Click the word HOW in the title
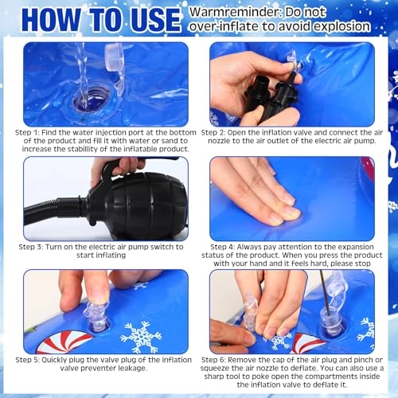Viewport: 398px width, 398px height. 50,20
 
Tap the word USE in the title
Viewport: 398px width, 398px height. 156,20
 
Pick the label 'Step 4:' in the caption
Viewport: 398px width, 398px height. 223,247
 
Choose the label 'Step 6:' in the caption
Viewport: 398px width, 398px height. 213,360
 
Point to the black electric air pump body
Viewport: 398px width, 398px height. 141,205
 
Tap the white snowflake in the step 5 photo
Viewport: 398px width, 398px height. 141,338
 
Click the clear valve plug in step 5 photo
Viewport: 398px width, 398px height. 96,316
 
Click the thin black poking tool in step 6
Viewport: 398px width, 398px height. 325,292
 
